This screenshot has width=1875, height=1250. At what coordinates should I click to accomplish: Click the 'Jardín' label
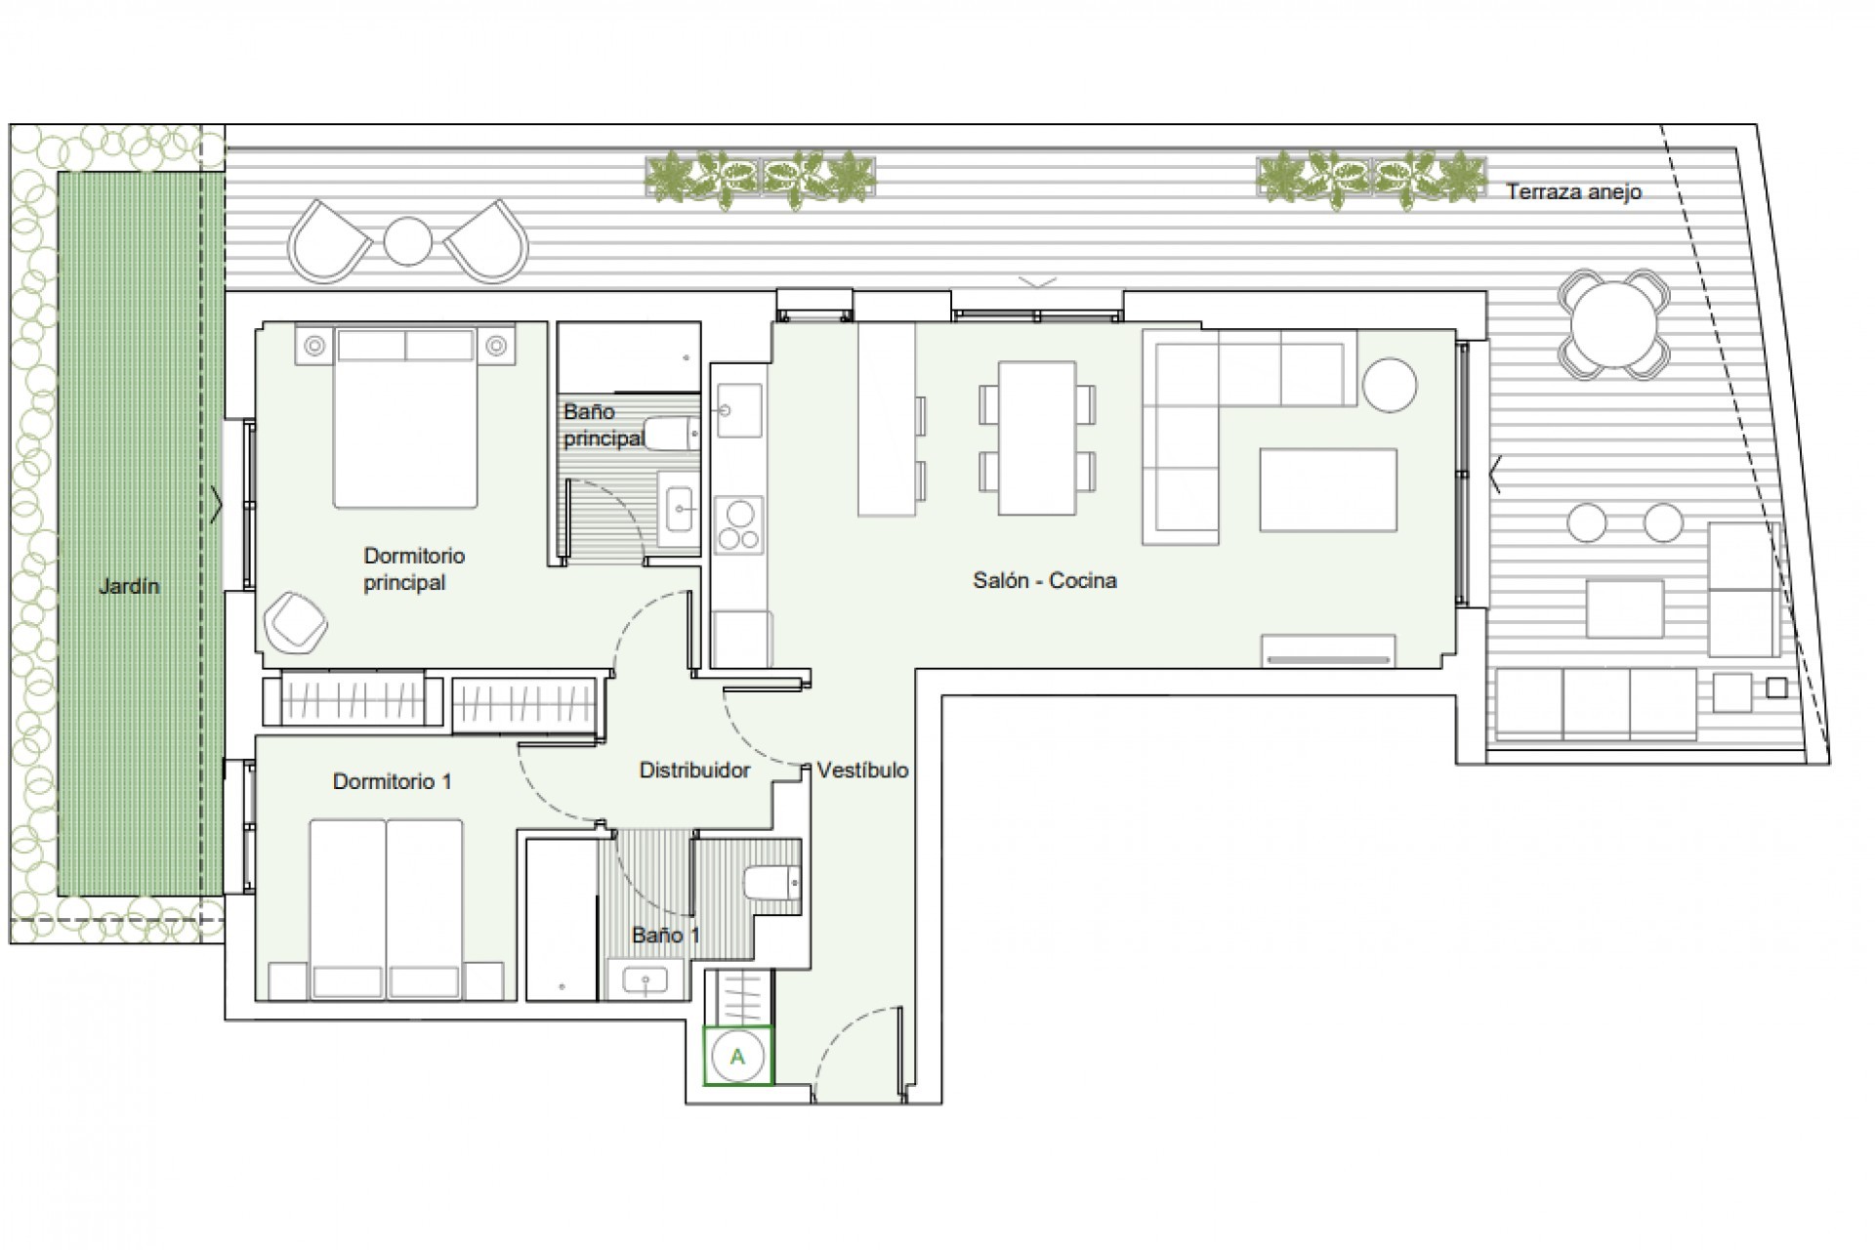pyautogui.click(x=128, y=586)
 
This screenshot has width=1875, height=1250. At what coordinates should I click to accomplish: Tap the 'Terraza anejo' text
pyautogui.click(x=1572, y=191)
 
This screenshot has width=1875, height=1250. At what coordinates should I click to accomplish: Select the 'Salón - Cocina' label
pyautogui.click(x=1044, y=580)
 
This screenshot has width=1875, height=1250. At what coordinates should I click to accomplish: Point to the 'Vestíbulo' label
pyautogui.click(x=862, y=770)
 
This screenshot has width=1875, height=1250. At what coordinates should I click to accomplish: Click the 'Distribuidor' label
pyautogui.click(x=694, y=770)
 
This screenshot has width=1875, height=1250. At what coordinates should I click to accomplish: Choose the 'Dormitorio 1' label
pyautogui.click(x=392, y=781)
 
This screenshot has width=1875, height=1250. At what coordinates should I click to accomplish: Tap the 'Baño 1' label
pyautogui.click(x=665, y=935)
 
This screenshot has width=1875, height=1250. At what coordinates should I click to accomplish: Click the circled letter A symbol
pyautogui.click(x=737, y=1056)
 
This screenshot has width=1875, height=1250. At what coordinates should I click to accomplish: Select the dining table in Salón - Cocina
pyautogui.click(x=1036, y=437)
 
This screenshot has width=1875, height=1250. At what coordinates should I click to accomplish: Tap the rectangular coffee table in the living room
pyautogui.click(x=1327, y=489)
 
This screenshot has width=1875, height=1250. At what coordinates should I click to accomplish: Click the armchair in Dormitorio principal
pyautogui.click(x=297, y=621)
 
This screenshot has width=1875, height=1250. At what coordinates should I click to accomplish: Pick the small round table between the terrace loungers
pyautogui.click(x=407, y=240)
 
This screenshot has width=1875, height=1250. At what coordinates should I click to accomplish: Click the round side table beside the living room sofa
pyautogui.click(x=1389, y=385)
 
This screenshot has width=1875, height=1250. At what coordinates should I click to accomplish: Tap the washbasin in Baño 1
pyautogui.click(x=646, y=979)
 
